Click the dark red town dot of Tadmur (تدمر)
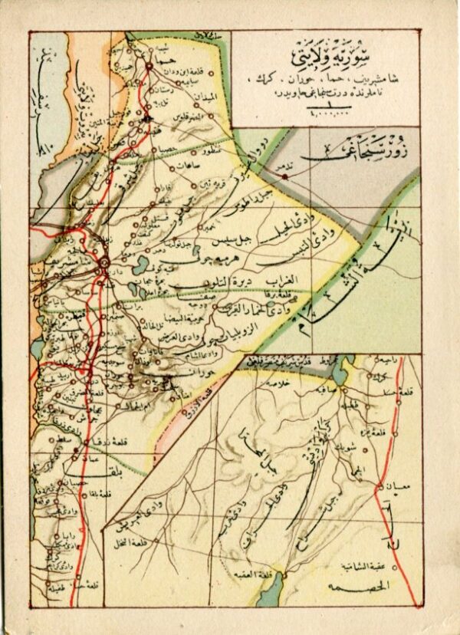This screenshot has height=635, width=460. [284, 176]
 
